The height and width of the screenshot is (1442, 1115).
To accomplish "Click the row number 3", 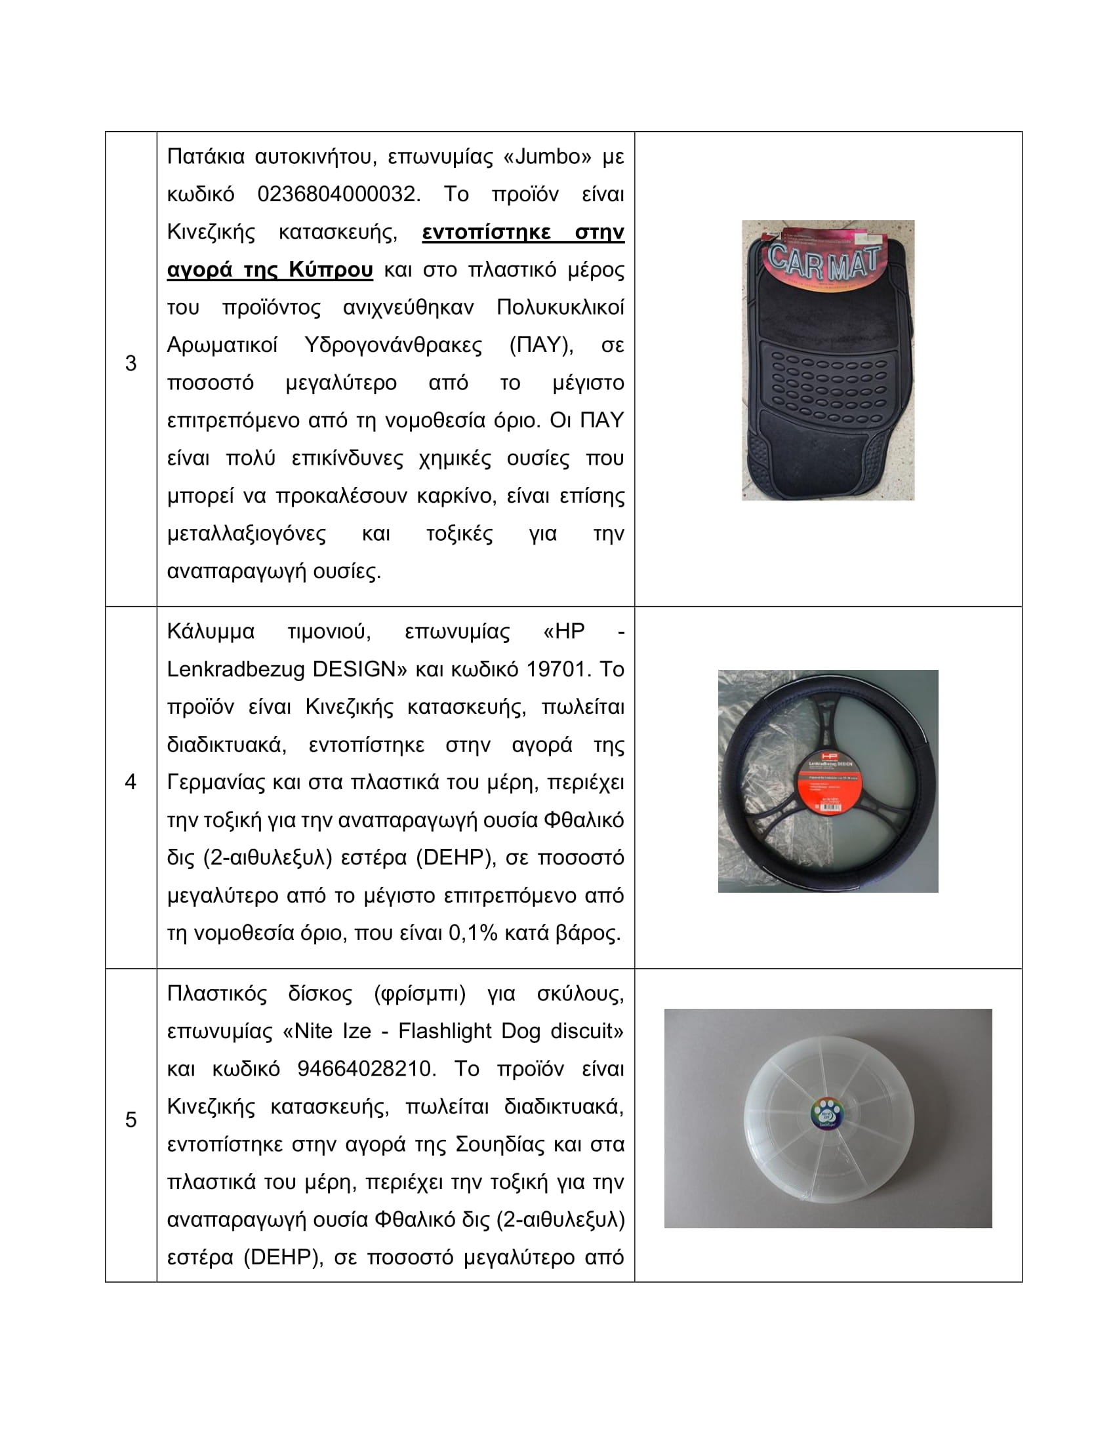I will (x=131, y=363).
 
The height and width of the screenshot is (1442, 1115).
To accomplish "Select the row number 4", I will (x=131, y=782).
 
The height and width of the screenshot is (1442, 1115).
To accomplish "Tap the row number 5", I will (x=131, y=1119).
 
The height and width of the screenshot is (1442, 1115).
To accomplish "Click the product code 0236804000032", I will (x=338, y=194).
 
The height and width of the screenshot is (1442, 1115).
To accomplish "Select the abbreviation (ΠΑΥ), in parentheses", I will (x=541, y=345).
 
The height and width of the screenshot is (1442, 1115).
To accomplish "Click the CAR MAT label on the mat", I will (x=824, y=262).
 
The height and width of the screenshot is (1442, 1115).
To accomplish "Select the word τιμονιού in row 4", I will (x=329, y=631).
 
